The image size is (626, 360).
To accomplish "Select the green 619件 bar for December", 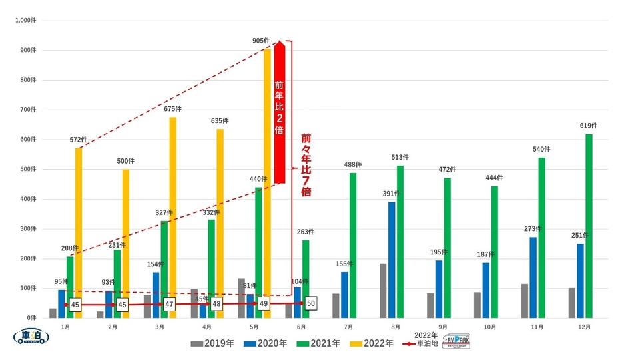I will [x=589, y=226].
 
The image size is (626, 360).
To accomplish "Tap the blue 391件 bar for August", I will [x=392, y=260].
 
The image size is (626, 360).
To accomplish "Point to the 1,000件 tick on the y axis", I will [x=26, y=21].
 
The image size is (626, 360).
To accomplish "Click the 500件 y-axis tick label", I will [x=28, y=169].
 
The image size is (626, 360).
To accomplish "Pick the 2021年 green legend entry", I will [x=321, y=343].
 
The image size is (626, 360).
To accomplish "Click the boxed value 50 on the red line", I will [x=312, y=303].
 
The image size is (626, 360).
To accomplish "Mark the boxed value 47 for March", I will [x=169, y=304].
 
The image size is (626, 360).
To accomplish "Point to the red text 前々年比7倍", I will [x=306, y=164].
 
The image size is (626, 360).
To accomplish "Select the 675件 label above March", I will [x=172, y=109].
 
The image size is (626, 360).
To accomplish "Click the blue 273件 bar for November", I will [x=533, y=277].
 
